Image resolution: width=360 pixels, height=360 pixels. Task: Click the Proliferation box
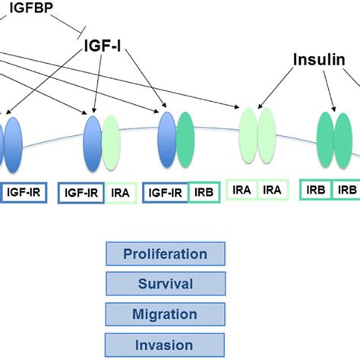click(166, 254)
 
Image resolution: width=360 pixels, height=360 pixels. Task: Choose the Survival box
click(166, 284)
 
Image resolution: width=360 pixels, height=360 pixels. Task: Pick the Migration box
click(166, 314)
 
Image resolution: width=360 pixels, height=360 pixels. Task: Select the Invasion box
click(166, 343)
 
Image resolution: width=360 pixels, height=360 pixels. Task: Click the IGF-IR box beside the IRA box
click(81, 194)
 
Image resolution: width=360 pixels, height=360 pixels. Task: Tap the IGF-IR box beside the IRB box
click(166, 194)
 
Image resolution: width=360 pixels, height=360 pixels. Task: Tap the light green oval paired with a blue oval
click(111, 144)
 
